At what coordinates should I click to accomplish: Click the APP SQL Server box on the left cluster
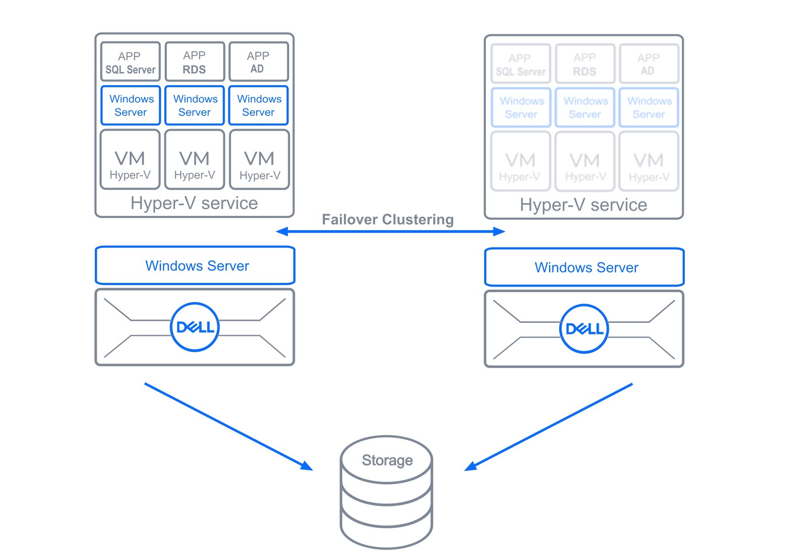point(130,62)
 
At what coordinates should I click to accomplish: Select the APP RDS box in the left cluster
point(194,62)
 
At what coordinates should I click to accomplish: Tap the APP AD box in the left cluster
point(258,62)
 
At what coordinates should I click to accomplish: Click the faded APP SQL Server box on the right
point(520,64)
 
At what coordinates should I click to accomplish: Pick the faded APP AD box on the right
point(649,64)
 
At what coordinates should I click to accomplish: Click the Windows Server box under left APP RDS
point(194,105)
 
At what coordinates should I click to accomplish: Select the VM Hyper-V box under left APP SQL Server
point(130,160)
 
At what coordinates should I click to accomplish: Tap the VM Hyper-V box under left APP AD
point(260,160)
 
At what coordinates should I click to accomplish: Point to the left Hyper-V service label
point(194,203)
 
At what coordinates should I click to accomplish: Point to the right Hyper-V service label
point(583,205)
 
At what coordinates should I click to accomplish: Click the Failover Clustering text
point(388,219)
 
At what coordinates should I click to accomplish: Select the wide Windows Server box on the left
point(195,266)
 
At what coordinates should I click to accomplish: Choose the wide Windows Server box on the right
point(584,267)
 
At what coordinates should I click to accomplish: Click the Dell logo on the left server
point(195,327)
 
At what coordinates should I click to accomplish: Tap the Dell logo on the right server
point(584,328)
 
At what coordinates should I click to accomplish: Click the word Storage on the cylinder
point(387,460)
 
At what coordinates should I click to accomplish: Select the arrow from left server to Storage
point(228,426)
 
